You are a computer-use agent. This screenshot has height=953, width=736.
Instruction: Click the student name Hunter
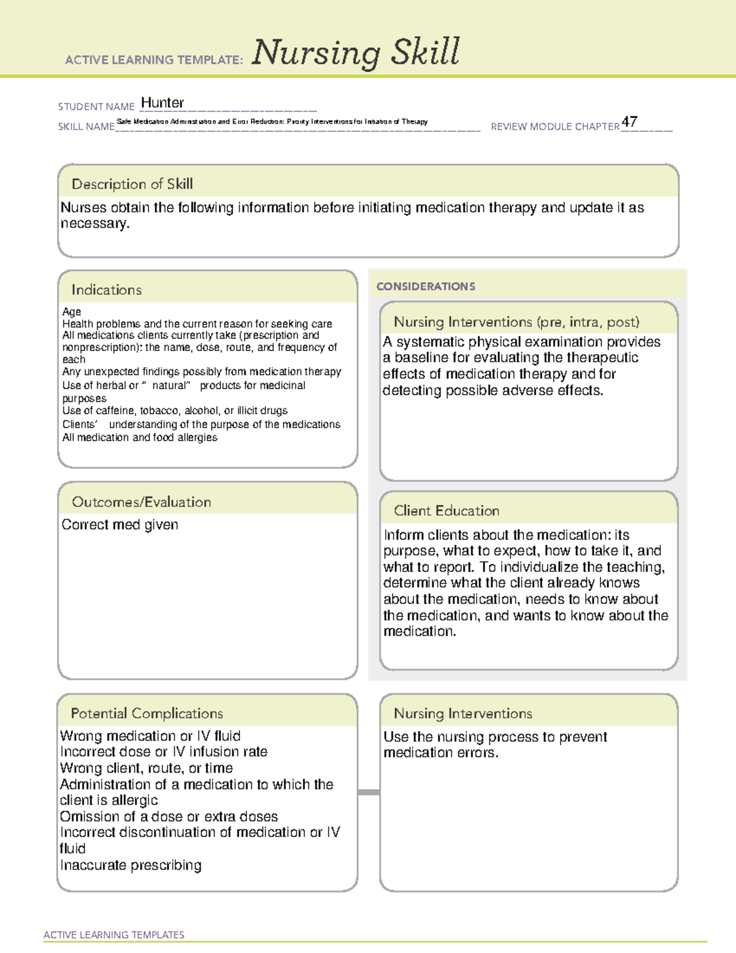click(x=162, y=103)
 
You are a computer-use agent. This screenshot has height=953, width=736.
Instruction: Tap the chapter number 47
click(x=629, y=122)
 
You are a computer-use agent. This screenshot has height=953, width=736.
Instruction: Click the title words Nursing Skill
click(x=356, y=53)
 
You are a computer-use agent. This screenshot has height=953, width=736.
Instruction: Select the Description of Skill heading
click(x=132, y=184)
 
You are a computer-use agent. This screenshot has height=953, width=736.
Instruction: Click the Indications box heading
click(x=106, y=290)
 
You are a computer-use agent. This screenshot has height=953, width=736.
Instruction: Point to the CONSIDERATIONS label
click(x=426, y=287)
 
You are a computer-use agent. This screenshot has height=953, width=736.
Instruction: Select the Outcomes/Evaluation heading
click(x=141, y=502)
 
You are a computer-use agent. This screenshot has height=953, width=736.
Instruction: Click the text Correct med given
click(x=120, y=525)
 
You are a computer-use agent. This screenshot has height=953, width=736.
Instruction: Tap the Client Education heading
click(x=447, y=511)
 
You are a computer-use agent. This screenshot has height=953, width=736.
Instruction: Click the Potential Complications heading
click(x=147, y=713)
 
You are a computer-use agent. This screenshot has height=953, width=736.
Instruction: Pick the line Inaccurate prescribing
click(x=131, y=865)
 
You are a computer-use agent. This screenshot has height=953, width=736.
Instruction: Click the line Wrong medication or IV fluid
click(x=150, y=736)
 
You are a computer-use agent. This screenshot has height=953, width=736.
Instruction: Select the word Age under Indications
click(x=71, y=312)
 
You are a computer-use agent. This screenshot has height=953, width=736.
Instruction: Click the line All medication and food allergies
click(x=140, y=438)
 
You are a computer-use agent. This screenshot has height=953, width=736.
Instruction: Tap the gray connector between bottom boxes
click(x=369, y=792)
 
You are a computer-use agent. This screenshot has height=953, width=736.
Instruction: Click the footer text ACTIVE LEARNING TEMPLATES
click(x=113, y=935)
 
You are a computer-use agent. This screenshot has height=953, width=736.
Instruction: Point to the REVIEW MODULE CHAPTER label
click(x=555, y=126)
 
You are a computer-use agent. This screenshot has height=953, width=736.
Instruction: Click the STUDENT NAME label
click(x=96, y=107)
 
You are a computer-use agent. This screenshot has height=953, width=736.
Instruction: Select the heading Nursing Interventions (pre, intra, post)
click(x=516, y=322)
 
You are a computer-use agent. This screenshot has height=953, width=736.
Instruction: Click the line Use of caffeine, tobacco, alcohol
click(x=175, y=411)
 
